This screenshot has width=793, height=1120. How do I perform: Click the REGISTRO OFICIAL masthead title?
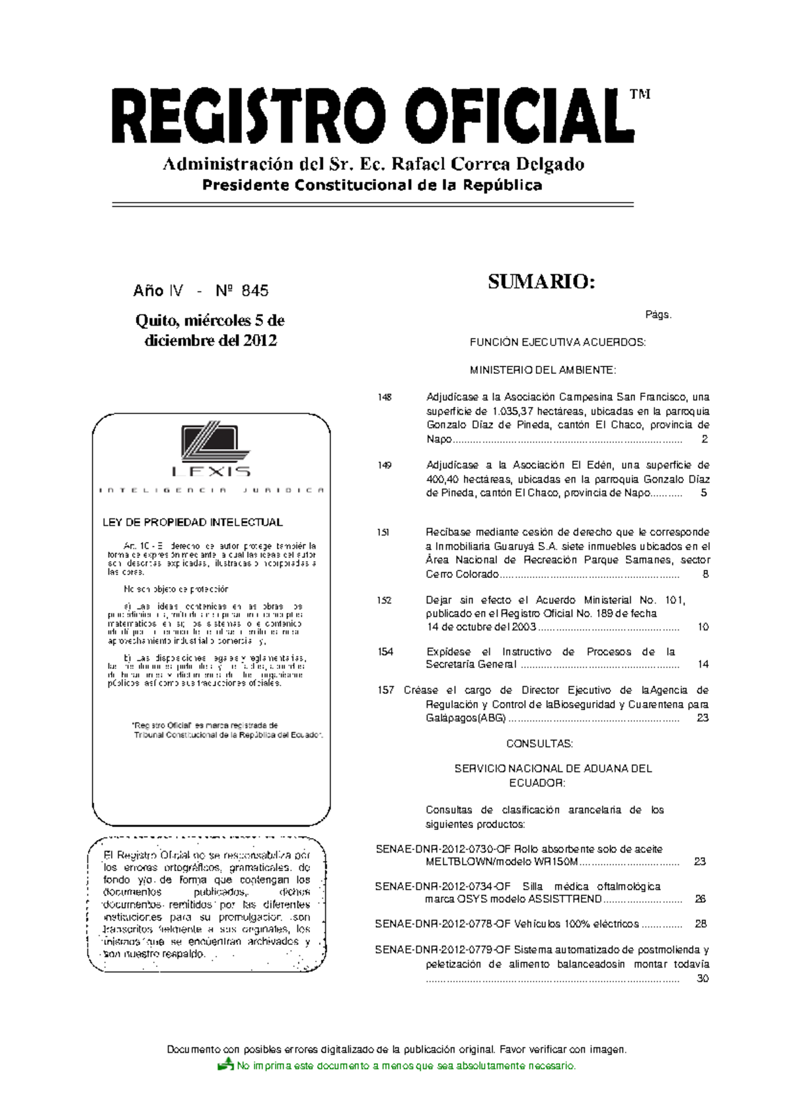(373, 116)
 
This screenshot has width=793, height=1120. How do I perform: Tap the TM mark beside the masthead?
(640, 94)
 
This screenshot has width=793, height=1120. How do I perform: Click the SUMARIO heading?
(541, 282)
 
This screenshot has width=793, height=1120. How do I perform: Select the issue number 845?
(254, 291)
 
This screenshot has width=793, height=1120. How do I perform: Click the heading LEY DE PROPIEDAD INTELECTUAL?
(192, 522)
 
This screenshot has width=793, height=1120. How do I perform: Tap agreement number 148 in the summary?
(385, 398)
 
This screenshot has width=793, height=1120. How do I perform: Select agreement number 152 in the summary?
(385, 600)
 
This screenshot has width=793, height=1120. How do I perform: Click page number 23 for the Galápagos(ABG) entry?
(702, 718)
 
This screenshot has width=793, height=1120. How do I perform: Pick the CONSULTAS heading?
(539, 744)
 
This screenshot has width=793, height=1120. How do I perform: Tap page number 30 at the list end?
(702, 979)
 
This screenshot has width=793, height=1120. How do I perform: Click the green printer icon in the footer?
(226, 1064)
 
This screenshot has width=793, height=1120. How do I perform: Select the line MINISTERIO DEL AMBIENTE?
(543, 370)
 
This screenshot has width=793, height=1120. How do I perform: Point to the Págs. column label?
(658, 315)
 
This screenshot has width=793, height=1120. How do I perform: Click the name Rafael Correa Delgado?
(488, 164)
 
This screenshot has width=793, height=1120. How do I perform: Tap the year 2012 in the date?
(260, 341)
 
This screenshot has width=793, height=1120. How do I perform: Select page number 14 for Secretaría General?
(703, 664)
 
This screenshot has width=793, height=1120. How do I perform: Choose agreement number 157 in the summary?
(385, 690)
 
